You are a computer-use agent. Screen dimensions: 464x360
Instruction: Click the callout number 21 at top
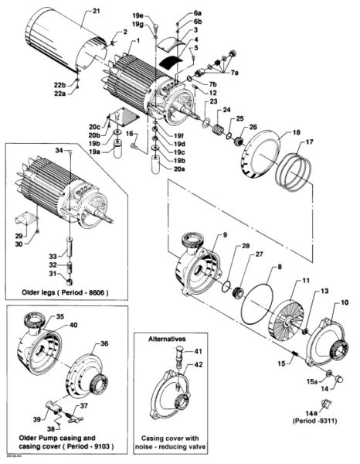pyautogui.click(x=96, y=11)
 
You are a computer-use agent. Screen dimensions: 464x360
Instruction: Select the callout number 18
pyautogui.click(x=273, y=134)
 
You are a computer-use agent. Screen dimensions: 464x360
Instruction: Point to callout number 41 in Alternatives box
pyautogui.click(x=198, y=351)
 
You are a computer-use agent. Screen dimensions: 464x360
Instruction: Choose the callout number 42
pyautogui.click(x=198, y=363)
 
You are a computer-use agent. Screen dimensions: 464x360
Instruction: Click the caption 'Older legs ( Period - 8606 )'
pyautogui.click(x=64, y=293)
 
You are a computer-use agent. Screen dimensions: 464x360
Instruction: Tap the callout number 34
pyautogui.click(x=57, y=149)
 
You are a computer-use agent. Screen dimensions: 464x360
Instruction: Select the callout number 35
pyautogui.click(x=62, y=317)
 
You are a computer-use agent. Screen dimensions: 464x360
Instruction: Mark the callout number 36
pyautogui.click(x=105, y=344)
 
